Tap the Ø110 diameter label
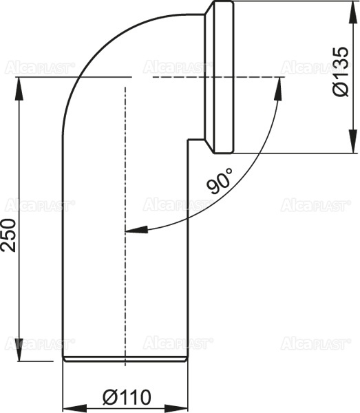[127, 397]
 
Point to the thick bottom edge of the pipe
[125, 359]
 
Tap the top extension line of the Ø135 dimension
[296, 2]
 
